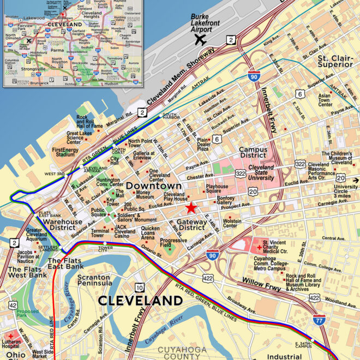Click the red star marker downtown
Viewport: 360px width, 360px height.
pyautogui.click(x=190, y=208)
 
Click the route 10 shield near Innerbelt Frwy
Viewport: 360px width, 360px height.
pyautogui.click(x=140, y=287)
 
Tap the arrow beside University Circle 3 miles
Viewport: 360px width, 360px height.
pyautogui.click(x=356, y=180)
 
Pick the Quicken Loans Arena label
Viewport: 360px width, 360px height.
pyautogui.click(x=151, y=233)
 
